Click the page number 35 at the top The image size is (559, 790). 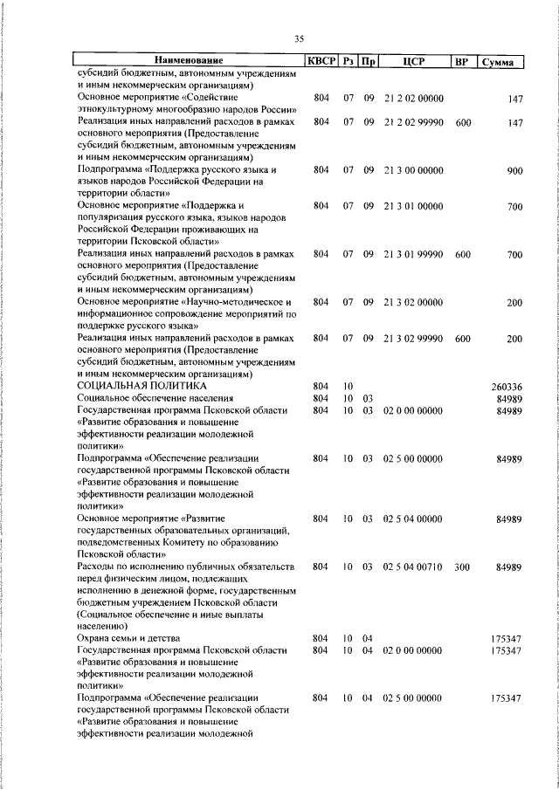pos(299,39)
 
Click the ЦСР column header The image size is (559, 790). pos(414,62)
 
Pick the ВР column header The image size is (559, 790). pos(462,62)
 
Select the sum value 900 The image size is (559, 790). pos(514,172)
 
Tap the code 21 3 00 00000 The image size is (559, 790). pos(414,172)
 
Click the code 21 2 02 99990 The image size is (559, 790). pos(414,123)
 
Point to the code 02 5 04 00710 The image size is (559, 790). pos(414,567)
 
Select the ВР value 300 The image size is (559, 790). pos(462,567)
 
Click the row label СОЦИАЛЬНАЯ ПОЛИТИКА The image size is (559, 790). pos(141,385)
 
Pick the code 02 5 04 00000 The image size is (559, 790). pos(414,519)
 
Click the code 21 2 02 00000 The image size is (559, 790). pos(414,100)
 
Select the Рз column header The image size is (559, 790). pos(348,62)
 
